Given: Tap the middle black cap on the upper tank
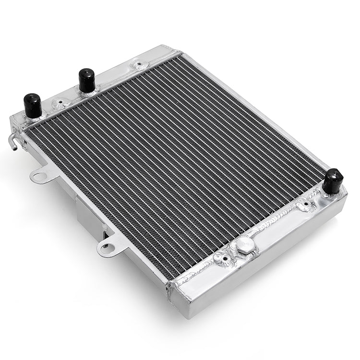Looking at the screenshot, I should point(86,80).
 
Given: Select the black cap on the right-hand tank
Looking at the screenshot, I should point(332,180).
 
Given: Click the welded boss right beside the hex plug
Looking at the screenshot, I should point(224,260).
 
